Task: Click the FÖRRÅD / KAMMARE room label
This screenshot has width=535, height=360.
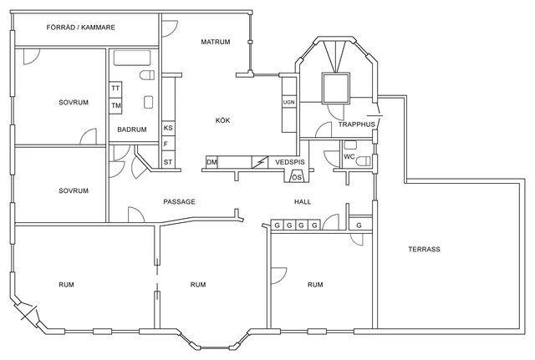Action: point(80,28)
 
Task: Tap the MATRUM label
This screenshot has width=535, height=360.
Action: point(216,42)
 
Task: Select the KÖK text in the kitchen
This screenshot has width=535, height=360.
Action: point(222,120)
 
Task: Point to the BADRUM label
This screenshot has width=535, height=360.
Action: point(132,129)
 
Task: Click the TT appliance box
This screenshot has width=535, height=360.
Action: point(116,89)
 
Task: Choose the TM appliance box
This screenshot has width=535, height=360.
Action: point(116,105)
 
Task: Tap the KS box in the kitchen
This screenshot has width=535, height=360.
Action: point(168,128)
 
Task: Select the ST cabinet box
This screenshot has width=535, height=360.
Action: point(168,161)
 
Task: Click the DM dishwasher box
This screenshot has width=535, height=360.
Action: point(211,161)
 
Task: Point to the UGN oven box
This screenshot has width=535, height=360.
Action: point(288,102)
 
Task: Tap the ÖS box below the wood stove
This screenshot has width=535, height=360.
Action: point(297,177)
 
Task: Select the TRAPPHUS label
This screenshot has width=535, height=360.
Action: point(357,124)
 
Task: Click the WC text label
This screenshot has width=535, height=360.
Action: point(349,155)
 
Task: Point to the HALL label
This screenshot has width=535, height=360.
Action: point(303,202)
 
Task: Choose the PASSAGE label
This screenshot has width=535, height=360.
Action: point(179,202)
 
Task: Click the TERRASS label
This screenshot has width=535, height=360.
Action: point(424,249)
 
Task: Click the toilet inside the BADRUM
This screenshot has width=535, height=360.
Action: point(148,76)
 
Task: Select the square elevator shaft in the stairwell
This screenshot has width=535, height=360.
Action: point(337,88)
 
